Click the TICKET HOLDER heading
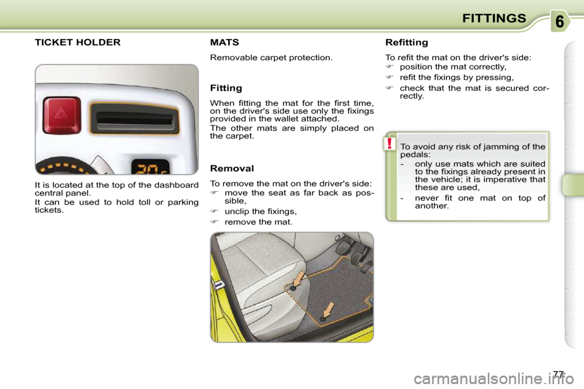pyautogui.click(x=77, y=42)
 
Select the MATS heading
pyautogui.click(x=224, y=42)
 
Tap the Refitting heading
pyautogui.click(x=407, y=43)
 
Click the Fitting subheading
pyautogui.click(x=226, y=88)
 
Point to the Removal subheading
pyautogui.click(x=232, y=168)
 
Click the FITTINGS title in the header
pyautogui.click(x=494, y=18)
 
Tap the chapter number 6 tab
pyautogui.click(x=560, y=21)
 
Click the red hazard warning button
pyautogui.click(x=62, y=115)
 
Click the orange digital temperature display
pyautogui.click(x=150, y=167)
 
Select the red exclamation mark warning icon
pyautogui.click(x=389, y=143)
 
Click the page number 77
pyautogui.click(x=558, y=374)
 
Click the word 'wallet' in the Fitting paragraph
pyautogui.click(x=294, y=119)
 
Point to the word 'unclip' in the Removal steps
pyautogui.click(x=235, y=212)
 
